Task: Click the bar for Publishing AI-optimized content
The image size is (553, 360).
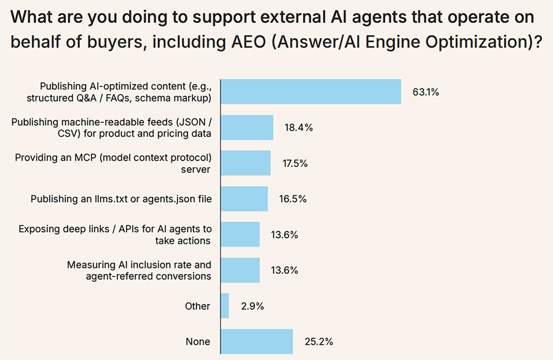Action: [x=310, y=92]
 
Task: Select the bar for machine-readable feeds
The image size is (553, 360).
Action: [x=246, y=127]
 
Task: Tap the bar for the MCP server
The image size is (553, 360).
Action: [x=245, y=163]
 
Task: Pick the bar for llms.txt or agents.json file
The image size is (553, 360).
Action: [x=244, y=198]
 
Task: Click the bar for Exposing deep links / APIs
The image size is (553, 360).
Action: [x=240, y=234]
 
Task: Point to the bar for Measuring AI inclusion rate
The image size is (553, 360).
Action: [x=240, y=270]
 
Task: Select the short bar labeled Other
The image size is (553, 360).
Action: [x=224, y=306]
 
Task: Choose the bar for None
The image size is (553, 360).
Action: [x=256, y=342]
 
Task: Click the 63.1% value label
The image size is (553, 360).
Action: [x=425, y=92]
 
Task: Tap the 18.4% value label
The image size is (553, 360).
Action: [x=298, y=128]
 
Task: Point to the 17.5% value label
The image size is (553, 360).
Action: [x=295, y=163]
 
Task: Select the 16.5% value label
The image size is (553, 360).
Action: [x=292, y=199]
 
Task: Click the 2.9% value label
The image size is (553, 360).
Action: [x=251, y=306]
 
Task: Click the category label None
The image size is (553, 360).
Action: [x=198, y=342]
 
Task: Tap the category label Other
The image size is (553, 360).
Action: [x=197, y=306]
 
